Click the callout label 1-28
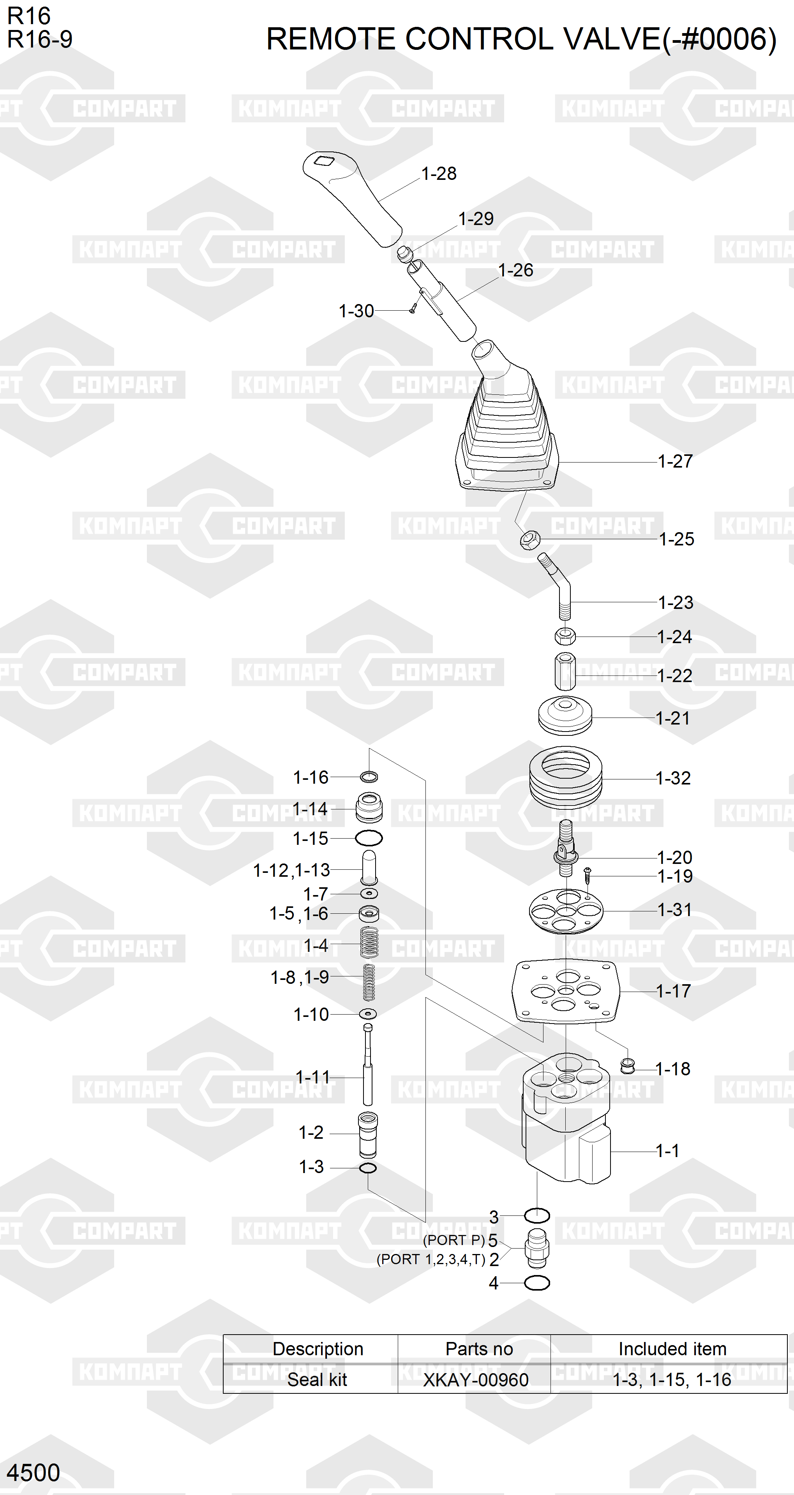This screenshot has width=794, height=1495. tap(439, 174)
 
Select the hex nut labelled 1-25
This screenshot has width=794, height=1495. tap(530, 540)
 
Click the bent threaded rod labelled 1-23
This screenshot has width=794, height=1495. tap(559, 586)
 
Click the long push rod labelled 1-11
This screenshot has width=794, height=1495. tap(368, 1064)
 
